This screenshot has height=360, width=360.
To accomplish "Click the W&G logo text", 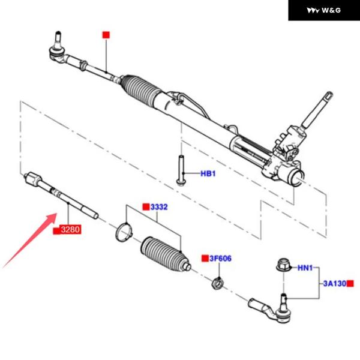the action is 331,10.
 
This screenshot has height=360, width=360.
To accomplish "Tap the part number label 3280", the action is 70,229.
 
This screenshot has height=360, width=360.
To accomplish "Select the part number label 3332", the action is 159,207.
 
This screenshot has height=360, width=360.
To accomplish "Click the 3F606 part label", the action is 220,259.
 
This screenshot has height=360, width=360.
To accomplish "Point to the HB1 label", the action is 208,173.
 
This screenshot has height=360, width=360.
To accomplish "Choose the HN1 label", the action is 305,268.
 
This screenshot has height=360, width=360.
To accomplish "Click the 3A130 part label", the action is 335,284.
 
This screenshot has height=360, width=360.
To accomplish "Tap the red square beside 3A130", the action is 350,284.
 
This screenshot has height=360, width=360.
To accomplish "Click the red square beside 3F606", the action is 205,258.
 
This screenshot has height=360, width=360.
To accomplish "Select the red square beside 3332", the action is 146,207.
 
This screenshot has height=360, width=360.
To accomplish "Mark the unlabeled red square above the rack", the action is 106,35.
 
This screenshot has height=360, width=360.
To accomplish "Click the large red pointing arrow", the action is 30,241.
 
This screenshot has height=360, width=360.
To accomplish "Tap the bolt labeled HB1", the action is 181,170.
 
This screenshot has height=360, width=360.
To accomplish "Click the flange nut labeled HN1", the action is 283,266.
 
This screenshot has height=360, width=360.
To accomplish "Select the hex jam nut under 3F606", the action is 217,283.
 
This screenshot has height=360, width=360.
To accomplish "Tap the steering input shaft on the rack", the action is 317,110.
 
